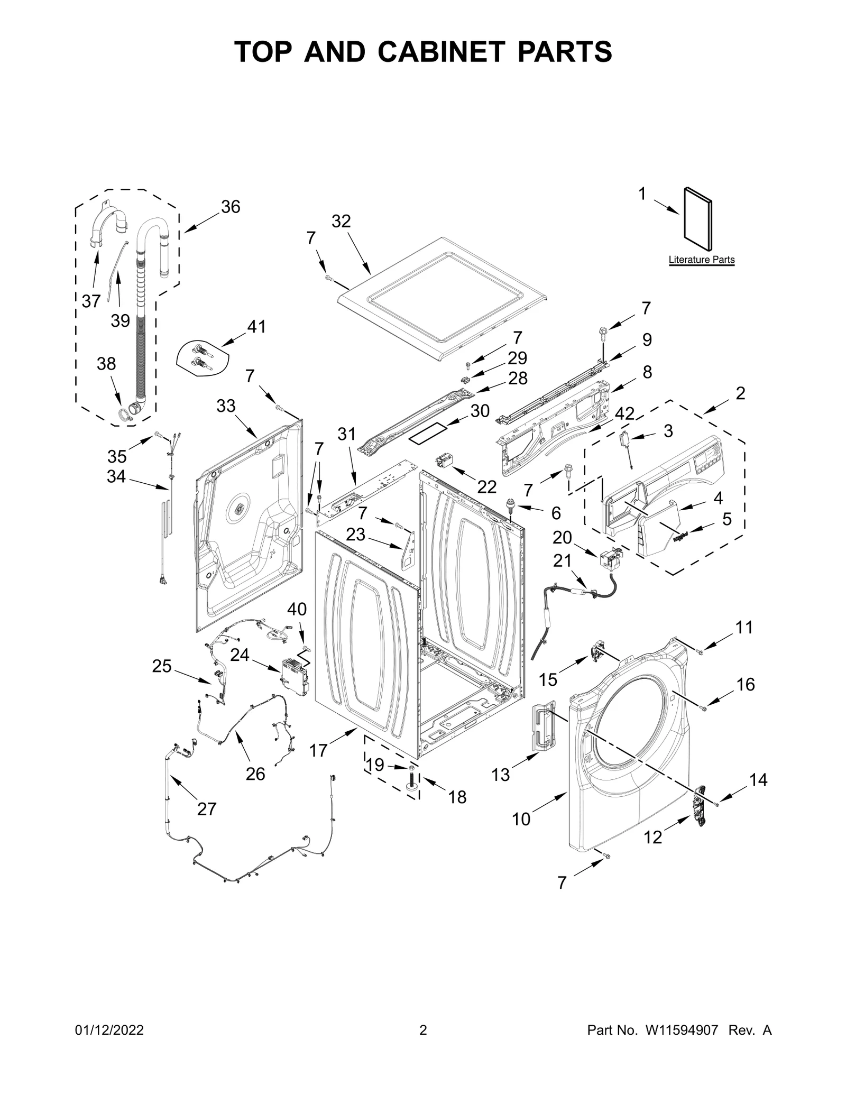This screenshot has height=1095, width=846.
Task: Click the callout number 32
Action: [341, 221]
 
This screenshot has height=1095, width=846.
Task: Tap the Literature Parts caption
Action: [701, 260]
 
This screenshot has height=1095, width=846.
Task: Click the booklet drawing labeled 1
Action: [697, 218]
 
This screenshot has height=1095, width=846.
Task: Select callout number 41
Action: [256, 327]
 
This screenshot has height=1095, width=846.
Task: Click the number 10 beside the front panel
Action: [521, 819]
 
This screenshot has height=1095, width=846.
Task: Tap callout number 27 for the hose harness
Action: [207, 809]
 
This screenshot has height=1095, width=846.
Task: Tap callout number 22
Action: [486, 486]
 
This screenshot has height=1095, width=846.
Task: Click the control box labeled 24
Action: [296, 677]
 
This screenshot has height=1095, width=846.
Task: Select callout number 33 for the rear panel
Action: [226, 406]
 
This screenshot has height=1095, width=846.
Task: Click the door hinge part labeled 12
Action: [701, 806]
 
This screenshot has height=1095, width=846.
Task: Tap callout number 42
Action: [624, 413]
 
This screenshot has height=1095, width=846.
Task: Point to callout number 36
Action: [231, 207]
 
